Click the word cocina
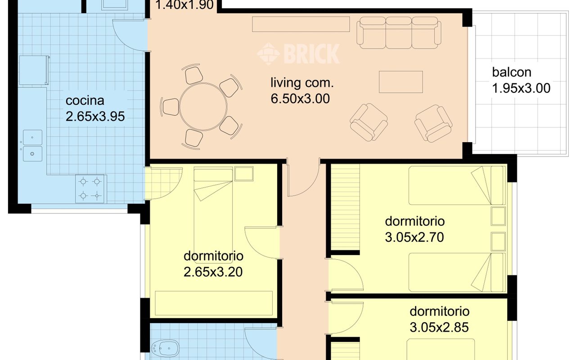point(85,100)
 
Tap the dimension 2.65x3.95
point(95,116)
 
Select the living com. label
point(302,83)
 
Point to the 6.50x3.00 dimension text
point(300,99)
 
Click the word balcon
point(512,72)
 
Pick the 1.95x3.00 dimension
point(521,88)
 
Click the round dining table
point(203,107)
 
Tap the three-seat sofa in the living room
point(399,33)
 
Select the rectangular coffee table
point(401,82)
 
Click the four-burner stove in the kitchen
point(90,189)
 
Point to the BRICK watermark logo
point(298,54)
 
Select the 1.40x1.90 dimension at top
point(184,5)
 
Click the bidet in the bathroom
point(165,349)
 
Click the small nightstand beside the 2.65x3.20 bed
point(244,174)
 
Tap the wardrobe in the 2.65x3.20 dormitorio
point(214,303)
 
